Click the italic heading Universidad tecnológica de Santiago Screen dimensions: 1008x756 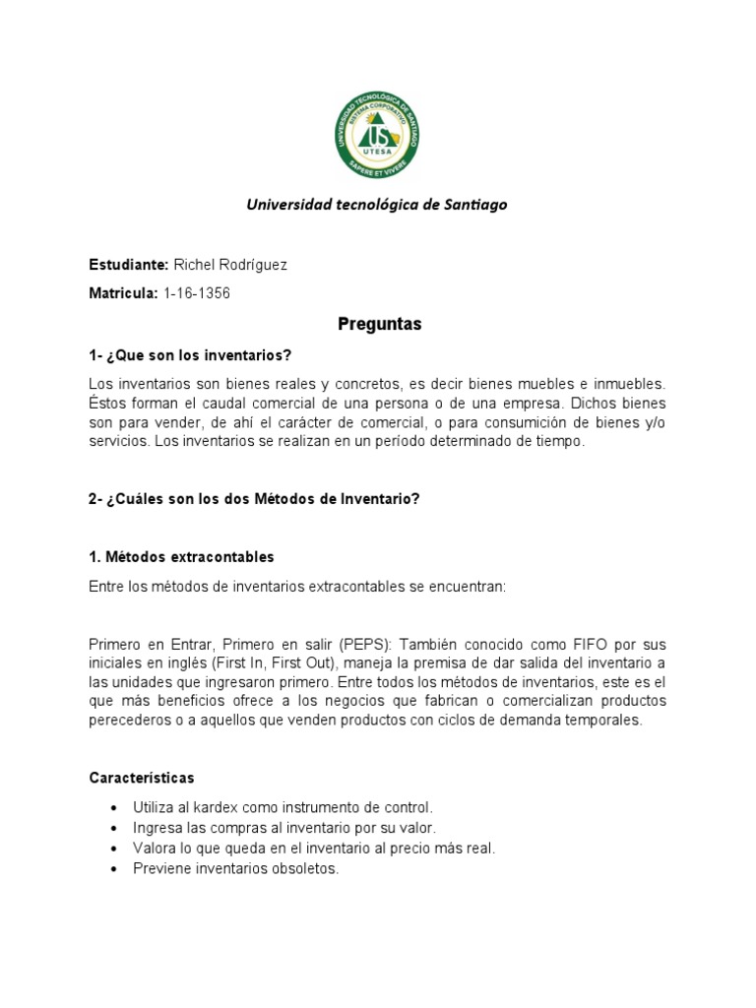377,205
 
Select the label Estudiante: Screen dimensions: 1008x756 128,266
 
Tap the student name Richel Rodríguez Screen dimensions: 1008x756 230,266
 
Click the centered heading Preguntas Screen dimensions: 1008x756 379,324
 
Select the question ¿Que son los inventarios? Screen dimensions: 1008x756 199,354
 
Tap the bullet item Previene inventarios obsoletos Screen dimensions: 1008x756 235,869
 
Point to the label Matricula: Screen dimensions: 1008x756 123,293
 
